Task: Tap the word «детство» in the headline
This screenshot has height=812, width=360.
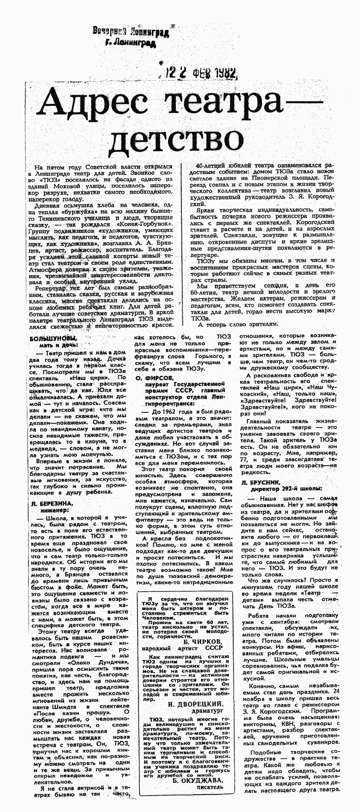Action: point(177,139)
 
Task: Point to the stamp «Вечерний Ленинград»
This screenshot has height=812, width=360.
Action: point(131,32)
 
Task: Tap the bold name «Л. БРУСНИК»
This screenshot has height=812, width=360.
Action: point(261,482)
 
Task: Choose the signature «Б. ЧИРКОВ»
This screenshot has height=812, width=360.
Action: point(203,641)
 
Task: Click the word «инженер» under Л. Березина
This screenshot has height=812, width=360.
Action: point(55,510)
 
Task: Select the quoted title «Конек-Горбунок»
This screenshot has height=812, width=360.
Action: point(145,224)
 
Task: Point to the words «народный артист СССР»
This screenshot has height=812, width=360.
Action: point(182,648)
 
